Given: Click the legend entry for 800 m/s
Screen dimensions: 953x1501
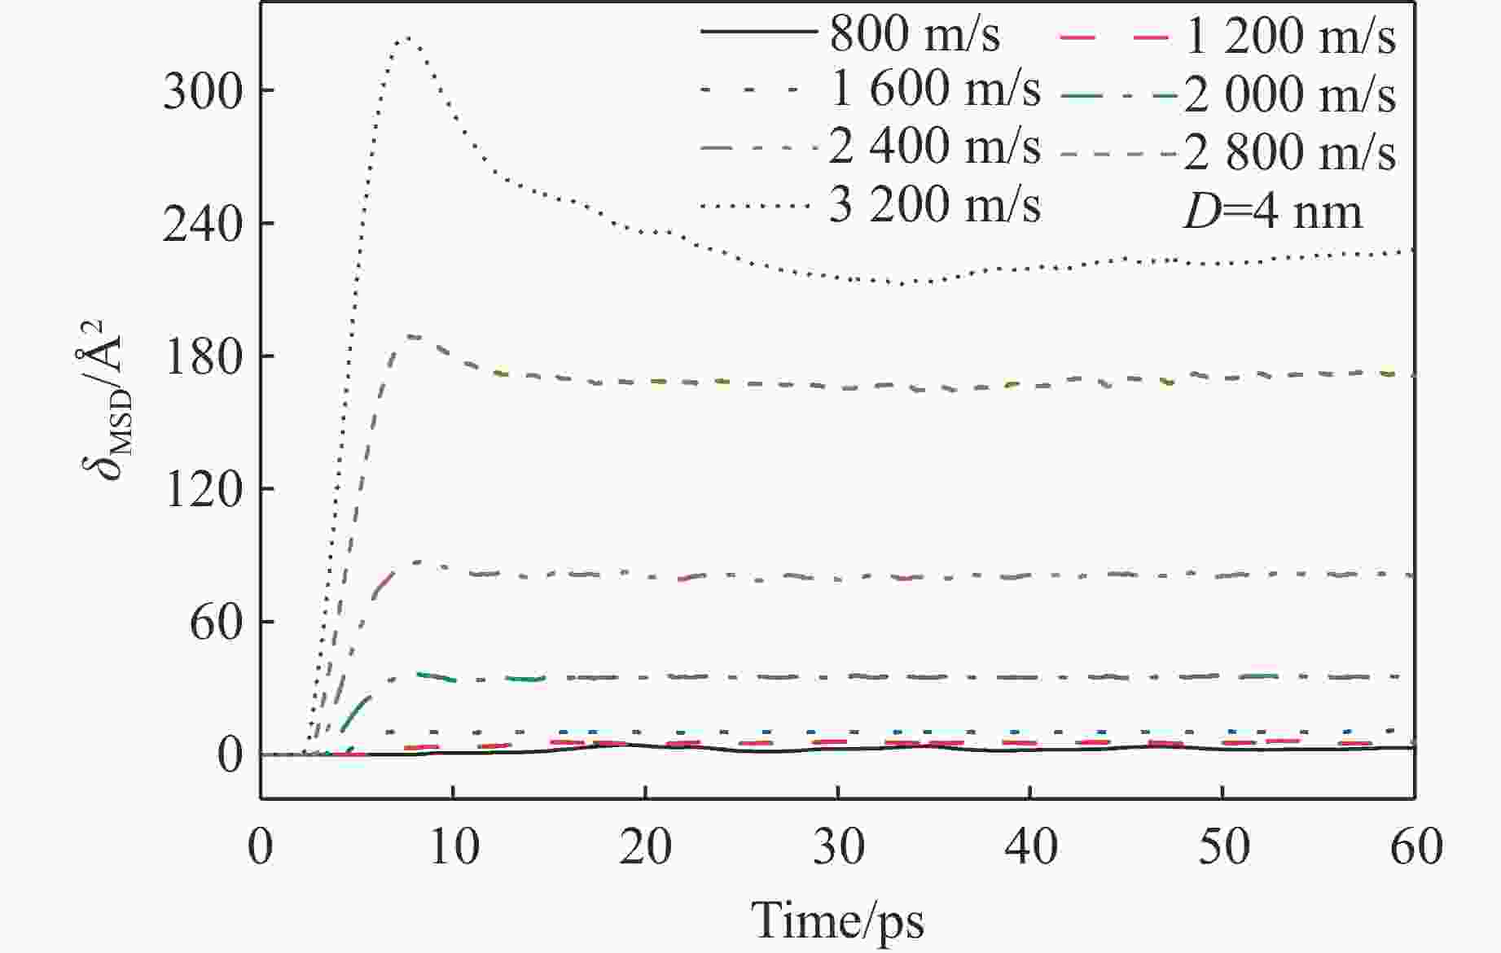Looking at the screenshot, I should click(x=914, y=34).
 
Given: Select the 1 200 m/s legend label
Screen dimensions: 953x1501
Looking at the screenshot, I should click(x=1290, y=37).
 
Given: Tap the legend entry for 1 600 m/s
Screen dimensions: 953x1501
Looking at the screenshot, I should click(x=934, y=91).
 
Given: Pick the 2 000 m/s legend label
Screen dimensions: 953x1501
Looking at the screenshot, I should click(x=1290, y=94).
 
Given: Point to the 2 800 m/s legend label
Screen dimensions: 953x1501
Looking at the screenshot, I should click(x=1290, y=151).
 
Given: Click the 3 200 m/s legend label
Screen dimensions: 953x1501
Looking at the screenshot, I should click(x=934, y=205).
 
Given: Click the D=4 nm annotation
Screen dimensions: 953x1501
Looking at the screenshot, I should click(x=1272, y=212).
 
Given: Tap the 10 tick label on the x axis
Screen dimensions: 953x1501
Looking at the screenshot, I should click(x=453, y=846).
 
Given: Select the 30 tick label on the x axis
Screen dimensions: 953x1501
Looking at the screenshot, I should click(x=838, y=846).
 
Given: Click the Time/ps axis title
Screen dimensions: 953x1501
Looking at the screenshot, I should click(x=837, y=920).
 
